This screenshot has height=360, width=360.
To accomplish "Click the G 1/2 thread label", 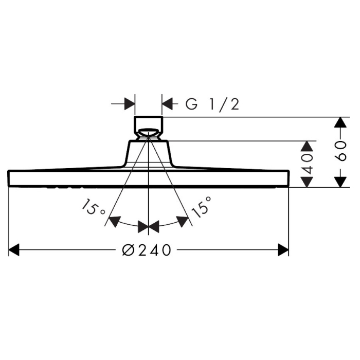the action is [x=212, y=104].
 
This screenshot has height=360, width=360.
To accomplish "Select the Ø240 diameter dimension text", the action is [x=147, y=250].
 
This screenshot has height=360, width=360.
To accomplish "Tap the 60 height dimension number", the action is [x=340, y=151].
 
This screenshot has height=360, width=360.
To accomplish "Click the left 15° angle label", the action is [x=93, y=208].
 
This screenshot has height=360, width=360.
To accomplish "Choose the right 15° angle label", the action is [x=201, y=207].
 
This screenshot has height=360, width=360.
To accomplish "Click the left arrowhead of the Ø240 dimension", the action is [x=14, y=250].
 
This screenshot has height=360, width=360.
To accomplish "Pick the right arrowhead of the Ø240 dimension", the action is [x=283, y=250].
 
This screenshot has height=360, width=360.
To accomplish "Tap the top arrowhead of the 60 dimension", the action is [x=340, y=122].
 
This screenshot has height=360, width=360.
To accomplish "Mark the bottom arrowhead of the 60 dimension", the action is [x=340, y=182].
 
